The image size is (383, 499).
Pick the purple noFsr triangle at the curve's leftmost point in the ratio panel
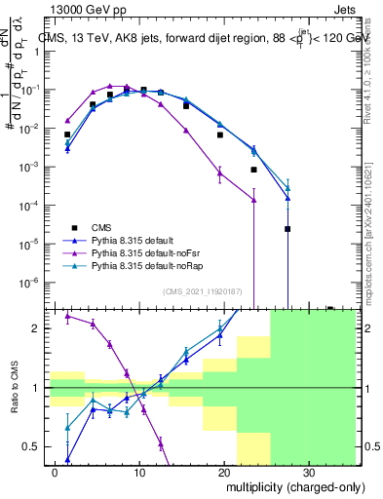pyautogui.click(x=67, y=316)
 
